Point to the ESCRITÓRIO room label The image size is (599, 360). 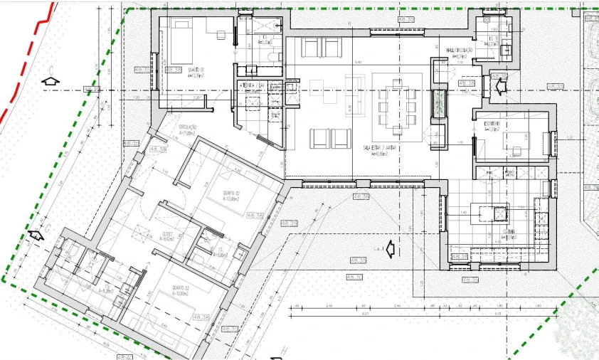point(493,125)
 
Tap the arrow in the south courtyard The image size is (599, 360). point(388,249)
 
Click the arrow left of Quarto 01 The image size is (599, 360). point(50,80)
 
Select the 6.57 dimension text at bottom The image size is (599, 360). point(364,313)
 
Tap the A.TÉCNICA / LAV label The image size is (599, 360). point(252,85)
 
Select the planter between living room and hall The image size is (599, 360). point(439,105)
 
